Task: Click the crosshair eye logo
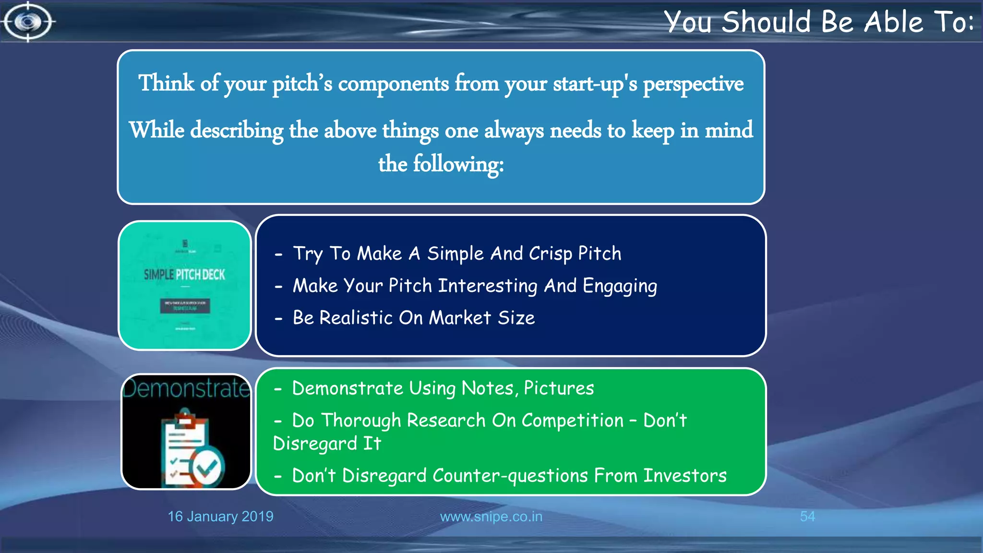(x=28, y=22)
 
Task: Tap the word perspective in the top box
(x=693, y=84)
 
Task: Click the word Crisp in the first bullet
(x=550, y=253)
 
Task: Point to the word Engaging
(x=619, y=286)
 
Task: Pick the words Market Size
(x=481, y=318)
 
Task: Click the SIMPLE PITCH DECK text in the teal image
(x=184, y=275)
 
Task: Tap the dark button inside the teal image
(x=185, y=306)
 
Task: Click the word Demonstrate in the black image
(x=186, y=388)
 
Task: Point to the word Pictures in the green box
(x=559, y=388)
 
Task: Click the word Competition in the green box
(x=572, y=421)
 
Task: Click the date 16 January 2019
(x=220, y=517)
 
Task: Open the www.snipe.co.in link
(x=491, y=517)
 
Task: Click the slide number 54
(x=807, y=517)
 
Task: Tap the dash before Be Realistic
(x=278, y=318)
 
